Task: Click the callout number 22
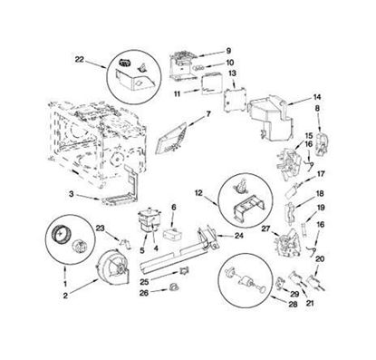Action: pos(79,60)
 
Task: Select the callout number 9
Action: pos(228,51)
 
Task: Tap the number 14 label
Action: pos(317,97)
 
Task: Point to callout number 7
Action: pos(208,114)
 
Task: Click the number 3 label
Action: pos(71,194)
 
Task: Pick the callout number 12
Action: pos(198,193)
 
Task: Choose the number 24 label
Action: pos(239,235)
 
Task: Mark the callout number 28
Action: pos(293,304)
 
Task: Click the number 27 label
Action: pos(265,229)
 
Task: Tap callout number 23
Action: pos(100,229)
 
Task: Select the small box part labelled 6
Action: pos(171,233)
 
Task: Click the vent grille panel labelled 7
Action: pos(171,139)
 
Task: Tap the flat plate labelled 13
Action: pos(235,100)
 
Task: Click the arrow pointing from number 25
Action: pos(164,277)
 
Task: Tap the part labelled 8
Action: pos(321,144)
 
